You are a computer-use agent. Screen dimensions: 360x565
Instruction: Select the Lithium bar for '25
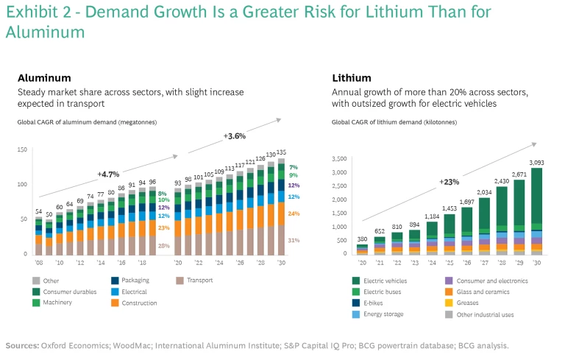pyautogui.click(x=449, y=234)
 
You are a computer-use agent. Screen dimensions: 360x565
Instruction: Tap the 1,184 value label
pyautogui.click(x=431, y=216)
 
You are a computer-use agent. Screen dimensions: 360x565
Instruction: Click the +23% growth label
pyautogui.click(x=450, y=182)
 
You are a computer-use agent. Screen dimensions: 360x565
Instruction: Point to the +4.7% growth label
pyautogui.click(x=109, y=174)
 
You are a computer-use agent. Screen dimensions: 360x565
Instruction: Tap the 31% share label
pyautogui.click(x=294, y=241)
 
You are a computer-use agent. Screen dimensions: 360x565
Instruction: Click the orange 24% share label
pyautogui.click(x=294, y=213)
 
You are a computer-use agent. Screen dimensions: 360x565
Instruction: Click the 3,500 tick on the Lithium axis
pyautogui.click(x=340, y=158)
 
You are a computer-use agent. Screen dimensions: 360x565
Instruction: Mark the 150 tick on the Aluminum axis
pyautogui.click(x=22, y=149)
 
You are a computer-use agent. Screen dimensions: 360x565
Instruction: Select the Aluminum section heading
pyautogui.click(x=44, y=77)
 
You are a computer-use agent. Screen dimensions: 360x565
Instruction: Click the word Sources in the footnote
pyautogui.click(x=22, y=345)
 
